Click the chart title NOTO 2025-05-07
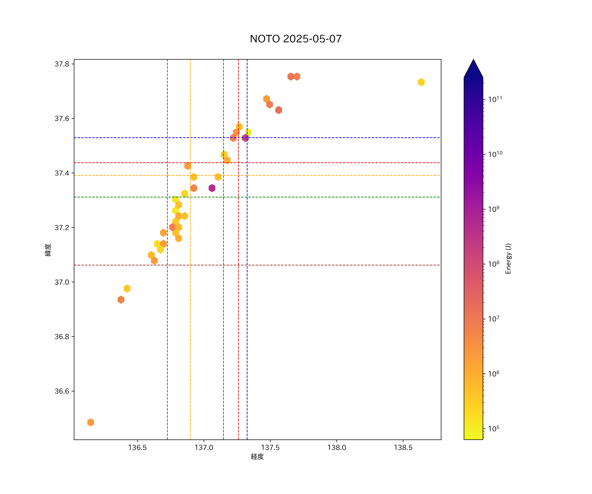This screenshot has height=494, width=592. pos(296,39)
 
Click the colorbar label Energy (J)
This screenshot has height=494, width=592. pos(508,259)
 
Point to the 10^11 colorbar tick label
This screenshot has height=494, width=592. pos(495,99)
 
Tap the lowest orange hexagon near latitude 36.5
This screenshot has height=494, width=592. pos(90,422)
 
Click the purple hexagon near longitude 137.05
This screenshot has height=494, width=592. pos(212,188)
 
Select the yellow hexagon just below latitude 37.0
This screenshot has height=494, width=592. pos(127,288)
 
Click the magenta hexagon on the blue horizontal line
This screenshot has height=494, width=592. pos(245,138)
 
